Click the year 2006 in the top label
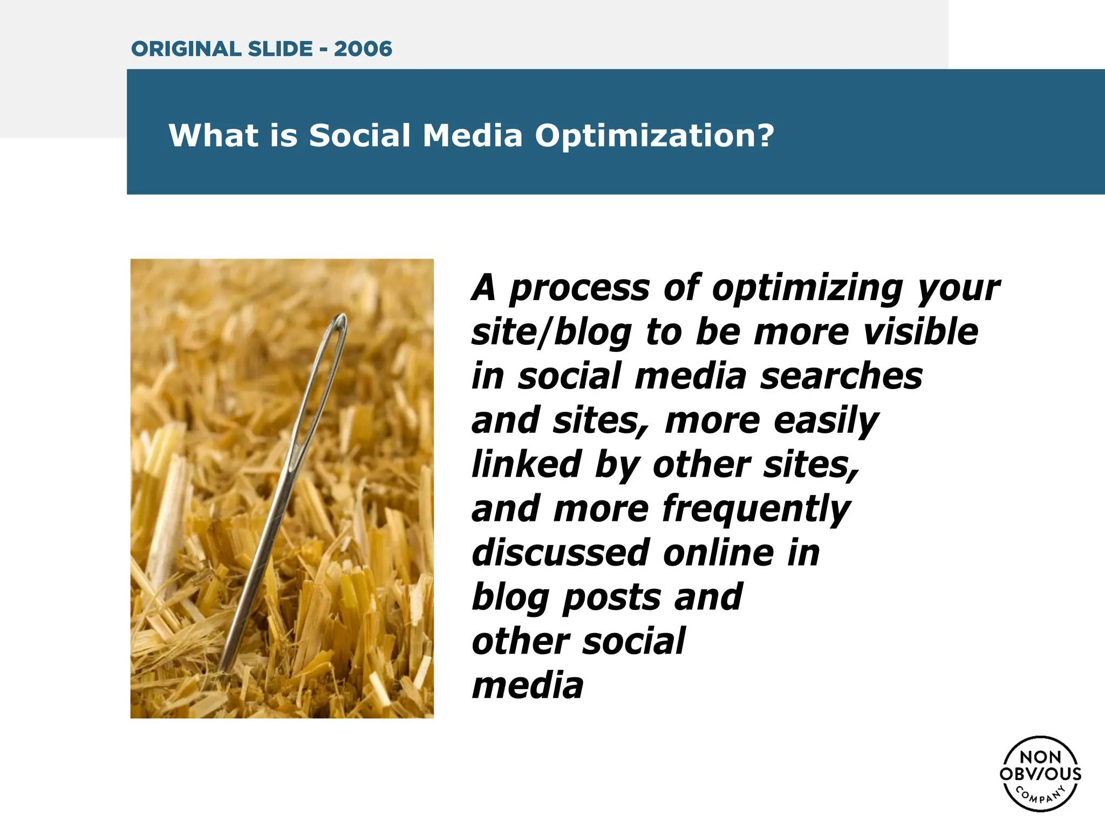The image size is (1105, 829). tap(363, 49)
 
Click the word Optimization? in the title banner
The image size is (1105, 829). tap(654, 135)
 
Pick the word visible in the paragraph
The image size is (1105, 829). tap(920, 332)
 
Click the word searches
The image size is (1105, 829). tap(841, 376)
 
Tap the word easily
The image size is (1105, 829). tap(826, 422)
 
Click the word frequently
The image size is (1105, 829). tap(756, 510)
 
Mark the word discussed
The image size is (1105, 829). tap(560, 553)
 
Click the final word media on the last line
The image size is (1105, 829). tap(527, 686)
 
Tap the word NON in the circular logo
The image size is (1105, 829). tap(1040, 757)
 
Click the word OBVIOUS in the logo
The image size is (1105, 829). tap(1040, 774)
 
